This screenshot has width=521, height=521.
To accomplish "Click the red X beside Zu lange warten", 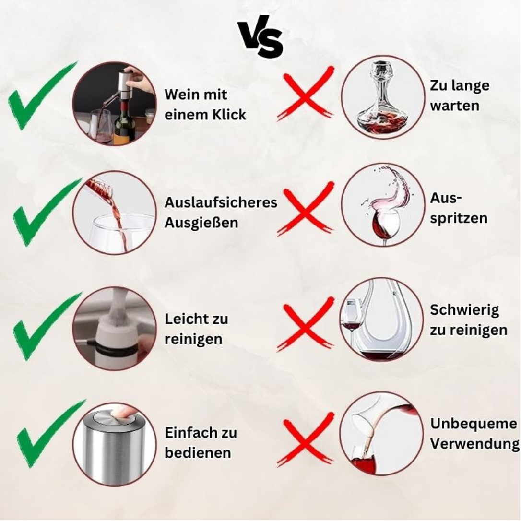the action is point(305,94).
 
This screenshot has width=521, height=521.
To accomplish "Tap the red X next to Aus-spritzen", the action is point(305,209).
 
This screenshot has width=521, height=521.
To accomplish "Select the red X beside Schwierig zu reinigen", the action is point(305,324).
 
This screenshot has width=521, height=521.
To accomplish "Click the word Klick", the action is point(229,115).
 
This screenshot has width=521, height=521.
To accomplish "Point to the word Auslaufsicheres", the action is point(221,202).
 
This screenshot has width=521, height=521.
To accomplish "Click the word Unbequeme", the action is point(474,424).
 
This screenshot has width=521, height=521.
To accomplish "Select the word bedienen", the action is point(198,452).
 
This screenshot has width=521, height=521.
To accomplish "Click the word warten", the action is point(454,106).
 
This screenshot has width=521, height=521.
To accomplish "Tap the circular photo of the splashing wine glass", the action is point(383,205).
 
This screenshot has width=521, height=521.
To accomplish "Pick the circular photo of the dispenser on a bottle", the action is point(114,104).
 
